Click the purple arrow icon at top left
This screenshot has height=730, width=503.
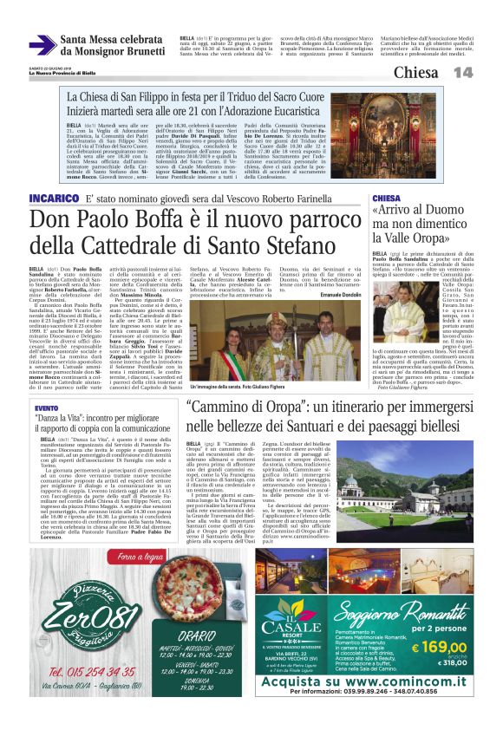coord(42,43)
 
